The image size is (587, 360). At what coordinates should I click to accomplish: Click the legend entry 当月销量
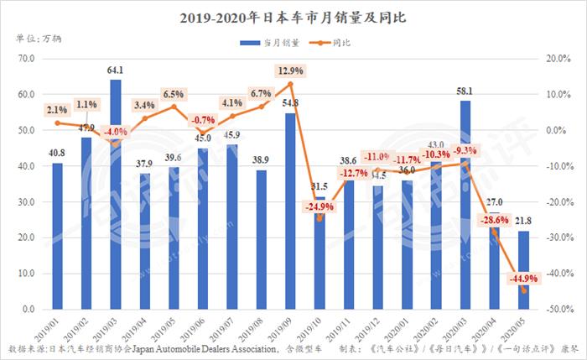point(268,41)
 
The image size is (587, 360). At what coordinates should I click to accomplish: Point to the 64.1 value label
point(115,70)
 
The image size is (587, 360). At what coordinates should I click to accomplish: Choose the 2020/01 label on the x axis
point(403,327)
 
